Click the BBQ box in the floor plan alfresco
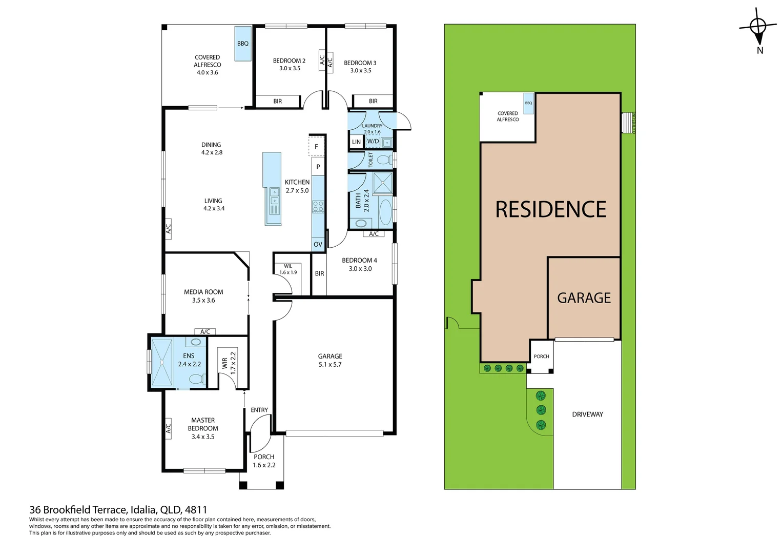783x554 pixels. coord(243,44)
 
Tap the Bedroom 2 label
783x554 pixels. coord(289,61)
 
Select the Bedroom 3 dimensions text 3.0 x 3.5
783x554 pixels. coord(360,71)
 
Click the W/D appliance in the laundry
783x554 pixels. coord(373,141)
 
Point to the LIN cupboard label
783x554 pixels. coord(356,142)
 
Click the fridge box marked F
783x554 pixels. coord(316,147)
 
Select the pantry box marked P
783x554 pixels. coord(318,167)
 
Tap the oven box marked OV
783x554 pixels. coord(318,244)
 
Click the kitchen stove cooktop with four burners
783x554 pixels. coord(318,207)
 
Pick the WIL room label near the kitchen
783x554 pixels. coord(288,266)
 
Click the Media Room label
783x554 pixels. coord(203,292)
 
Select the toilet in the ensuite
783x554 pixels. coord(196,379)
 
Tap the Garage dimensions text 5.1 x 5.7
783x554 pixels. coord(329,365)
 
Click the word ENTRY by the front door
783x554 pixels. coord(259,410)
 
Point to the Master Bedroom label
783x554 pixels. coord(203,424)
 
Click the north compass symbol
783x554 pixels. coord(758,27)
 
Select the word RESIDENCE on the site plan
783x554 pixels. coord(551,210)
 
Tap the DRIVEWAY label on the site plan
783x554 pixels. coord(587,414)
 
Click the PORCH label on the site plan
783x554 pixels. coord(541,357)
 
